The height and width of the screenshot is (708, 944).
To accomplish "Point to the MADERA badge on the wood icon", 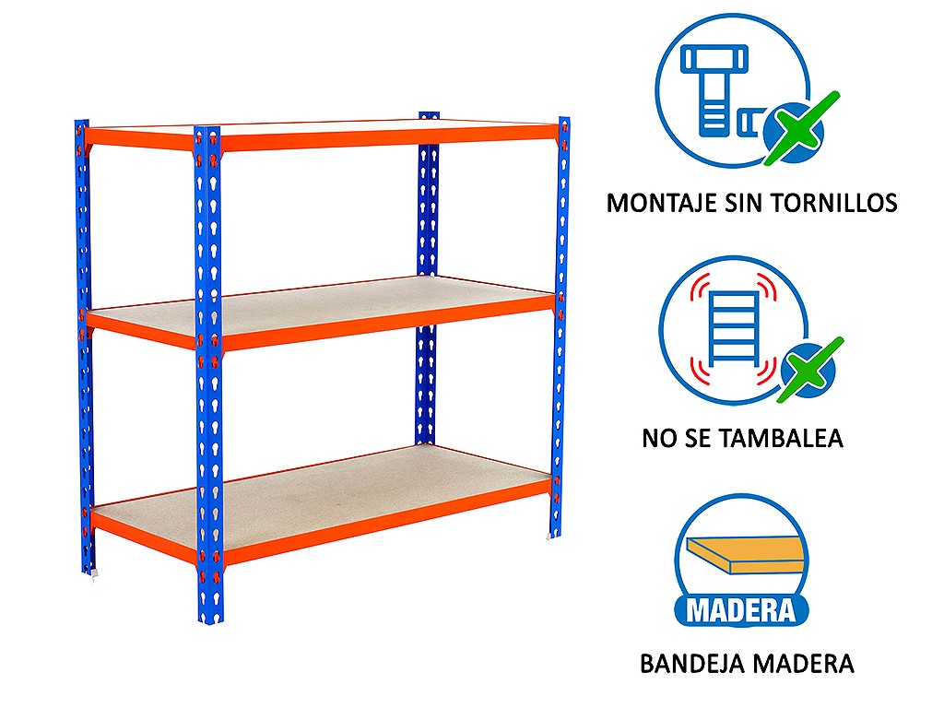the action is (x=740, y=610).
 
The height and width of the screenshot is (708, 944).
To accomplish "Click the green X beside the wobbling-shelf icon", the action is (x=809, y=370).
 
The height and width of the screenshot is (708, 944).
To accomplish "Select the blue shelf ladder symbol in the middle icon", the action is (x=734, y=329).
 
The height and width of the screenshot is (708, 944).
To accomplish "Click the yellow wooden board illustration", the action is (x=745, y=555).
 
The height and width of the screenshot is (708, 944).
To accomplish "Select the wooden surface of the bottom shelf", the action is (x=325, y=488).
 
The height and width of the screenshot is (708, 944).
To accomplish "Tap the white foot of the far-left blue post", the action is (x=92, y=575).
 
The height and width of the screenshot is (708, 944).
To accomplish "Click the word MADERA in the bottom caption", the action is (x=804, y=664).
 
